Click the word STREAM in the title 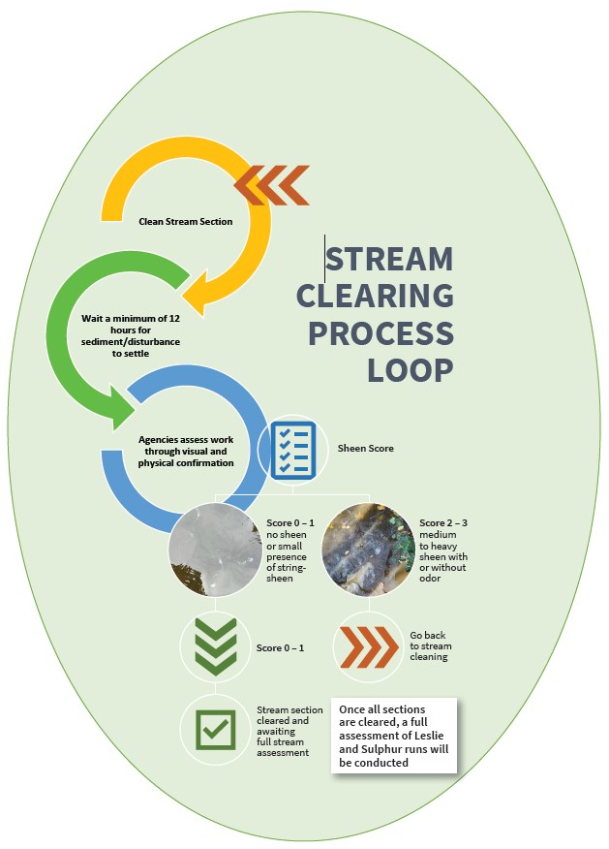tap(390, 260)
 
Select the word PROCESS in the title tap(381, 332)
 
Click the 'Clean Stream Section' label tap(185, 222)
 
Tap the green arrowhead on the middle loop tap(120, 407)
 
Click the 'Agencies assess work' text tap(187, 451)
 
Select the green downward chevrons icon tap(215, 646)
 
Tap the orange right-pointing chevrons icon tap(367, 646)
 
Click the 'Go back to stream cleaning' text tap(431, 646)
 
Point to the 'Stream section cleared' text tap(289, 731)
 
